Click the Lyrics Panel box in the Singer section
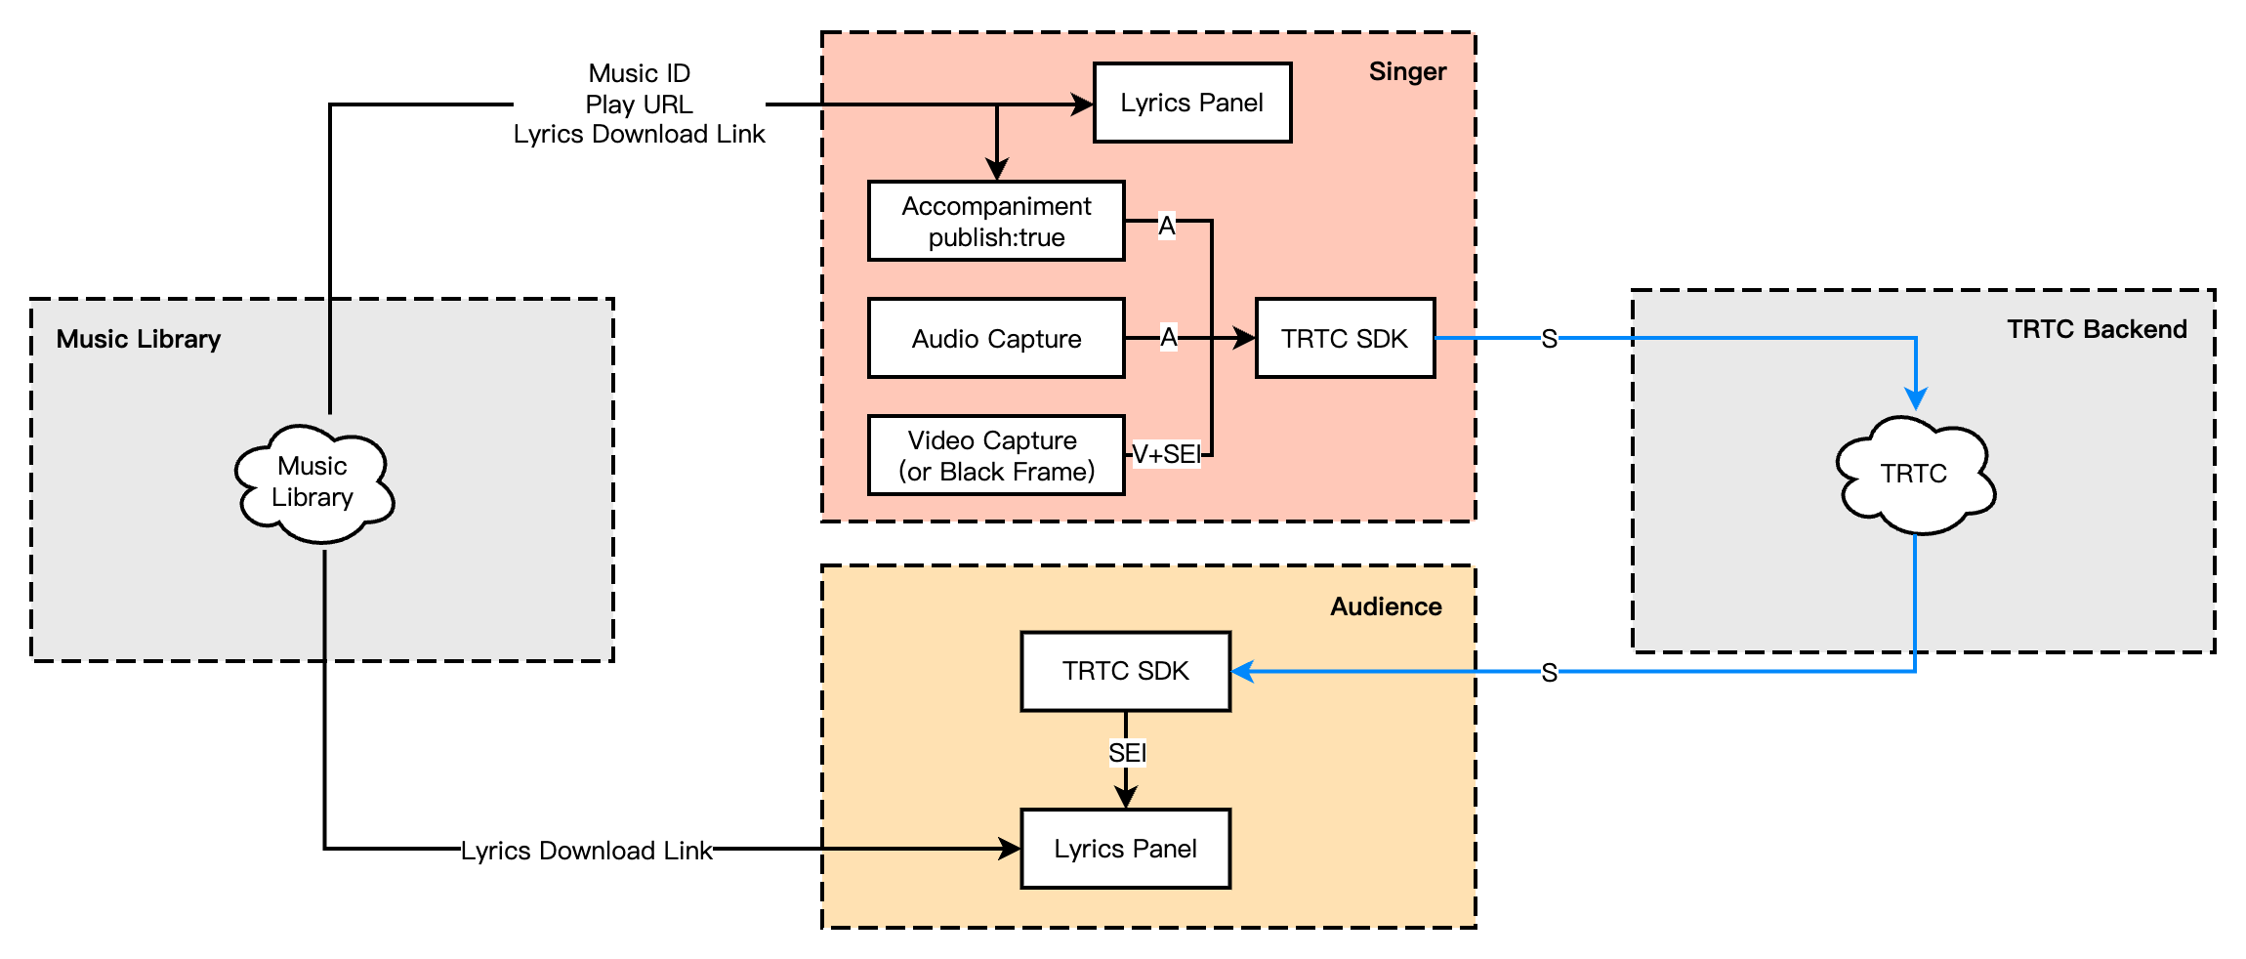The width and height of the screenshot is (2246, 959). pyautogui.click(x=1191, y=104)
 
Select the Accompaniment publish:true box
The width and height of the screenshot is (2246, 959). pyautogui.click(x=996, y=222)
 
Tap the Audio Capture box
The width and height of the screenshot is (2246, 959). pyautogui.click(x=996, y=339)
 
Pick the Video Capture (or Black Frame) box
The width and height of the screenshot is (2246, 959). pyautogui.click(x=996, y=456)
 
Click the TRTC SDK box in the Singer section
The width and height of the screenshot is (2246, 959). pyautogui.click(x=1344, y=339)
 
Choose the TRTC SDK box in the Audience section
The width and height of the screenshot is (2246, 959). pyautogui.click(x=1125, y=672)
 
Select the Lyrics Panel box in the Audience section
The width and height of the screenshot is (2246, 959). pyautogui.click(x=1125, y=849)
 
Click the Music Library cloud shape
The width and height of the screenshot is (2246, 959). pyautogui.click(x=313, y=482)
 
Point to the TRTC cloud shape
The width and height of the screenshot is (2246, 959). pyautogui.click(x=1914, y=475)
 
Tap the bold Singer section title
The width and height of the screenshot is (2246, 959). pyautogui.click(x=1407, y=72)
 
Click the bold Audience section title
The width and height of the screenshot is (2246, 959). pyautogui.click(x=1386, y=607)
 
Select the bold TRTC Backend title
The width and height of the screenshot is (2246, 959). pyautogui.click(x=2097, y=330)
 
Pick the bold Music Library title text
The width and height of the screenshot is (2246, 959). pyautogui.click(x=139, y=340)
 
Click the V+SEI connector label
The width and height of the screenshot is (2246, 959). pyautogui.click(x=1166, y=455)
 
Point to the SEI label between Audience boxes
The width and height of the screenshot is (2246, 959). pyautogui.click(x=1127, y=753)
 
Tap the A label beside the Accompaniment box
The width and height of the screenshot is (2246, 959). pyautogui.click(x=1167, y=227)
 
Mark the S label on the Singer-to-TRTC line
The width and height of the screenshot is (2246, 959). pyautogui.click(x=1549, y=340)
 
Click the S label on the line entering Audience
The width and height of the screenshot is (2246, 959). pyautogui.click(x=1549, y=673)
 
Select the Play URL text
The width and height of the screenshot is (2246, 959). pyautogui.click(x=639, y=104)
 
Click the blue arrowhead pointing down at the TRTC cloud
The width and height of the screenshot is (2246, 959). pyautogui.click(x=1916, y=399)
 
